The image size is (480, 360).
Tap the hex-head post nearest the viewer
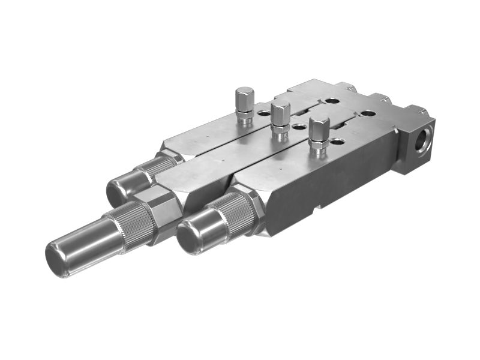[x=319, y=129]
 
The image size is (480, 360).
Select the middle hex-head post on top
[x=280, y=113]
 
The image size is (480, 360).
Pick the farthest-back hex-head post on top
[x=244, y=98]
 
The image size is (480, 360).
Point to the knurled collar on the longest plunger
[x=131, y=222]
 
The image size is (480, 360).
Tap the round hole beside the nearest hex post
[x=338, y=142]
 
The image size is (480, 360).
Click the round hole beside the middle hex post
[x=298, y=127]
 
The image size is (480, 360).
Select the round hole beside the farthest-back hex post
[x=263, y=112]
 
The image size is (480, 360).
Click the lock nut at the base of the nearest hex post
[x=318, y=146]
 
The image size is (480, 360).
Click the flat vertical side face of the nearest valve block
[x=336, y=180]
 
